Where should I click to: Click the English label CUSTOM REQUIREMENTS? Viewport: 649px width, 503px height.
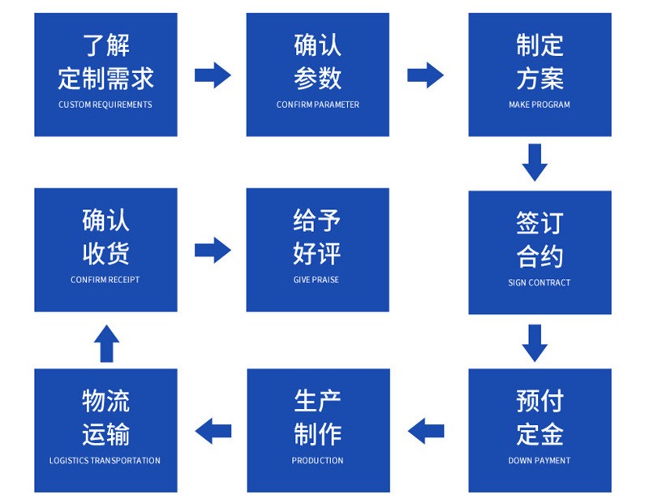(x=105, y=105)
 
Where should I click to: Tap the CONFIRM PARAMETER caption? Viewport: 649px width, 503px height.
(x=318, y=105)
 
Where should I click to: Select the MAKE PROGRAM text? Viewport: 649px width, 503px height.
(x=539, y=105)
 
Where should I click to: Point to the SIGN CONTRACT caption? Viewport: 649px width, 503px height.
(x=539, y=283)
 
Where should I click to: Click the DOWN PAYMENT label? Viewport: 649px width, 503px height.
(x=539, y=461)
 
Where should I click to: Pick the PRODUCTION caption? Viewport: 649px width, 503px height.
(x=318, y=461)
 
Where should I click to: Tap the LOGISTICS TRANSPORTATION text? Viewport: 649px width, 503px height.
(x=105, y=461)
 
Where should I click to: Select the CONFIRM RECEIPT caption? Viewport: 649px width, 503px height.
(x=105, y=280)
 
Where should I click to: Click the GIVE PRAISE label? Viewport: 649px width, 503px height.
(x=318, y=280)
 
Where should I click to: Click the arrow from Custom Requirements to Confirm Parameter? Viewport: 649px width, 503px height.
(x=213, y=75)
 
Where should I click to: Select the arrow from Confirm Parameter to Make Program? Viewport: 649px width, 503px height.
(x=425, y=75)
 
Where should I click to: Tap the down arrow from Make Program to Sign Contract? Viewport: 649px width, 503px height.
(x=535, y=162)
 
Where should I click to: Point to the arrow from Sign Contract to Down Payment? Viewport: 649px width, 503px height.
(x=535, y=342)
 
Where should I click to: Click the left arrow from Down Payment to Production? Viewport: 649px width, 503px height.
(x=425, y=430)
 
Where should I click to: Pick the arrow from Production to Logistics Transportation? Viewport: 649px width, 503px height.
(x=213, y=430)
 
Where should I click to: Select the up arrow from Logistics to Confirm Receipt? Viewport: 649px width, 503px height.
(x=106, y=342)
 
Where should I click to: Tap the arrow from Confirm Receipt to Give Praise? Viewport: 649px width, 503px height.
(x=213, y=250)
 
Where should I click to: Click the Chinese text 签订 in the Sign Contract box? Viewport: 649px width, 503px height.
(x=539, y=222)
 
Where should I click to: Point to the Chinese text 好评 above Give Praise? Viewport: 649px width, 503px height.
(x=318, y=253)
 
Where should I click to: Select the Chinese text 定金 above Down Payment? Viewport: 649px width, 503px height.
(x=539, y=433)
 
